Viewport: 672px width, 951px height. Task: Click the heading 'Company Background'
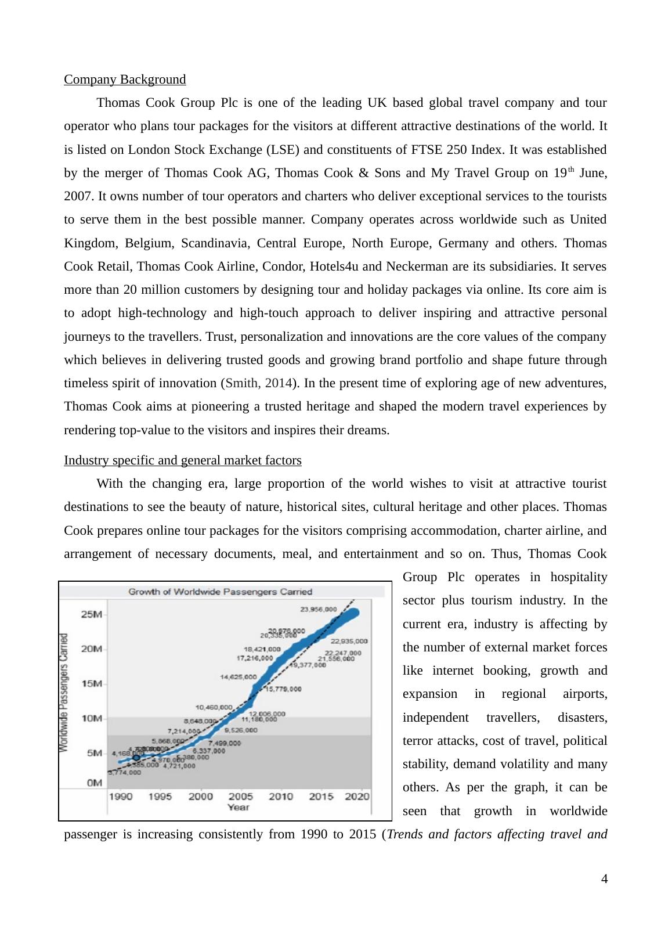(125, 80)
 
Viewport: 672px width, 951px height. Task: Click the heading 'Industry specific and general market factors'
(183, 460)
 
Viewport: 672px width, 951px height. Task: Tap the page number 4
(605, 879)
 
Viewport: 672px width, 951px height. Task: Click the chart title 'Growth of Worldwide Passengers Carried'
(220, 592)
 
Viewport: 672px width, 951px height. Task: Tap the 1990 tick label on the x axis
(121, 797)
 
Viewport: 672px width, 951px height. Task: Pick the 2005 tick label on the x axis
(240, 797)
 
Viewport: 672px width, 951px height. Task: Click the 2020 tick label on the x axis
(357, 797)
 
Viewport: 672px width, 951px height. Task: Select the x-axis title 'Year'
(239, 807)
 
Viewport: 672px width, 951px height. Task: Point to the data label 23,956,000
(318, 610)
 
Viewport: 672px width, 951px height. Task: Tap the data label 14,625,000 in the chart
(238, 677)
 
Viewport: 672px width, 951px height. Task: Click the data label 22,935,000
(349, 642)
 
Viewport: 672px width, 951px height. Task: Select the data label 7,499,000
(225, 743)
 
